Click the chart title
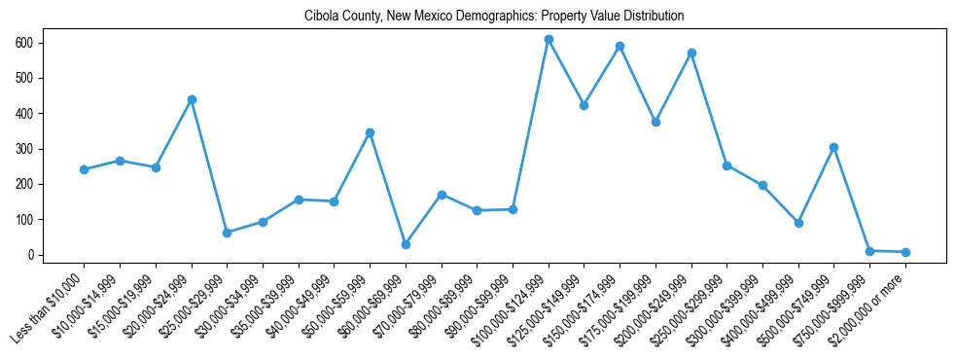[x=494, y=16]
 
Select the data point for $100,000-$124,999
[x=549, y=40]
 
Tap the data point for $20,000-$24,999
[x=192, y=99]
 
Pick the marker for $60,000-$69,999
[x=406, y=244]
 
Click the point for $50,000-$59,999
[x=370, y=132]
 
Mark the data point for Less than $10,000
[x=84, y=169]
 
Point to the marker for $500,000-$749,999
[x=833, y=147]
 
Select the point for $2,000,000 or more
[x=905, y=252]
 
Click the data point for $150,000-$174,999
[x=620, y=46]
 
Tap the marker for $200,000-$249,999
[x=691, y=53]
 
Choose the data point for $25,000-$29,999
[x=227, y=233]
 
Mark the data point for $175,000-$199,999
[x=655, y=122]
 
